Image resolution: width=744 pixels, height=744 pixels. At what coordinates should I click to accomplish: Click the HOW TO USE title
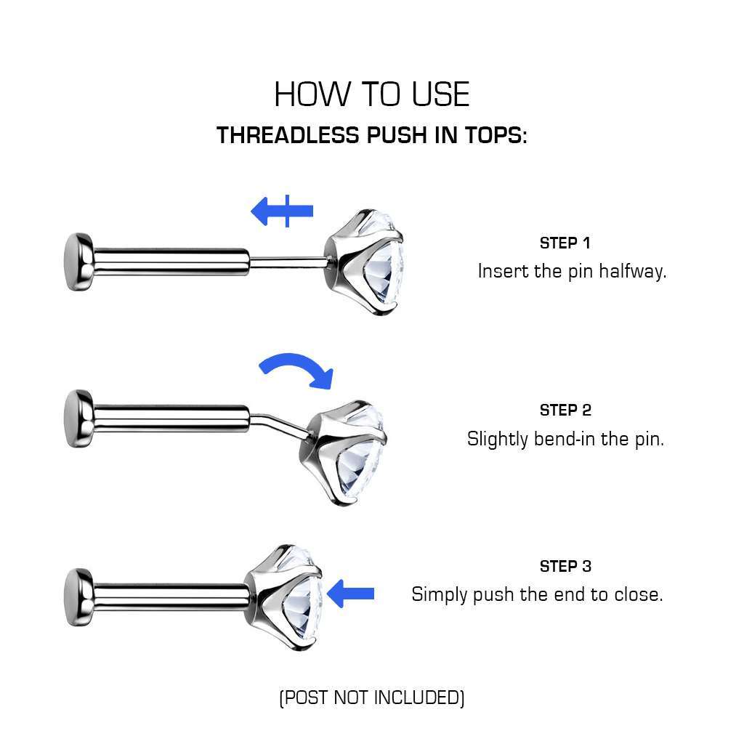click(371, 94)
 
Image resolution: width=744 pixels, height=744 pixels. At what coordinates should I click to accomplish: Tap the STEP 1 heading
click(565, 243)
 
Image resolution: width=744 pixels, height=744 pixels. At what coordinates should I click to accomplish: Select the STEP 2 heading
click(565, 410)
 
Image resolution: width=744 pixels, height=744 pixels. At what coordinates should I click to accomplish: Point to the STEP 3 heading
click(565, 566)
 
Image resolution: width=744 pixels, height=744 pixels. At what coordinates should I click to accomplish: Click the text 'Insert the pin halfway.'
click(572, 272)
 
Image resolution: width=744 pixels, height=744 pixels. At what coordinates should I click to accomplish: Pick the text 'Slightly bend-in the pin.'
click(565, 439)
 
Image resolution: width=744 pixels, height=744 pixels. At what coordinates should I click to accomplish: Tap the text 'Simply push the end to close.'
click(537, 594)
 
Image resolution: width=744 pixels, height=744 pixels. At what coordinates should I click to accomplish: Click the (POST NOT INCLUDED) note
click(371, 698)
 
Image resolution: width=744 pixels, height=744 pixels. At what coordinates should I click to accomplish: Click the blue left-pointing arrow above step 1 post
click(281, 211)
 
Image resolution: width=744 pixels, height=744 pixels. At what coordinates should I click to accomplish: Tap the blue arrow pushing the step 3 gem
click(351, 594)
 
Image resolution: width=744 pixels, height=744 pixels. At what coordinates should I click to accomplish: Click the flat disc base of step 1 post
click(77, 262)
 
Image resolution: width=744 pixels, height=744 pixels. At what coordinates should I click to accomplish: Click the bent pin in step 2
click(280, 425)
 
